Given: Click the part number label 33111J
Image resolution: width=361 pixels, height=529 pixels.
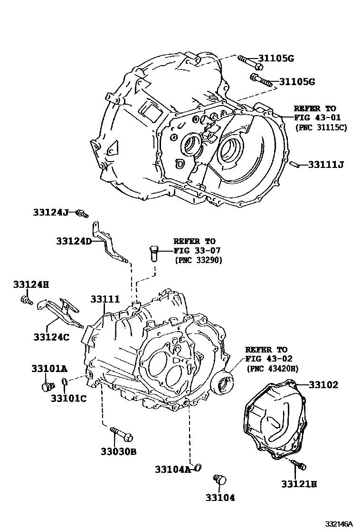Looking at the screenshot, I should [325, 165].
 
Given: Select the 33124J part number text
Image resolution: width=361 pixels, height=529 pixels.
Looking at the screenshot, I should [51, 212].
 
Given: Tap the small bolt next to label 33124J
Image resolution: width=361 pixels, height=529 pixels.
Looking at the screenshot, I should [83, 214].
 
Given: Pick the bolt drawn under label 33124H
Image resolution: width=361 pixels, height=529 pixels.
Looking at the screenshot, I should [26, 300].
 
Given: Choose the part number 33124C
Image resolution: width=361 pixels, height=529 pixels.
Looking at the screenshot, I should [51, 337].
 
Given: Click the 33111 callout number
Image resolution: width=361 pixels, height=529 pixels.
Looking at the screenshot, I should [105, 299].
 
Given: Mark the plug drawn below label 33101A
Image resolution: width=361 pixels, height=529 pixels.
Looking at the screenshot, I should [46, 386].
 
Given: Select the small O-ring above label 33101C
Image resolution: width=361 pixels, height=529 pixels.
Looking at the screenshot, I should [66, 382].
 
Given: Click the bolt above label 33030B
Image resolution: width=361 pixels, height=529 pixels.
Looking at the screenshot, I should [122, 434].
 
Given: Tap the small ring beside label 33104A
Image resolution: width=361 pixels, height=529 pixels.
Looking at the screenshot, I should [198, 466].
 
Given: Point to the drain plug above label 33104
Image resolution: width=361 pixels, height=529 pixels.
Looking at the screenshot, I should [219, 479].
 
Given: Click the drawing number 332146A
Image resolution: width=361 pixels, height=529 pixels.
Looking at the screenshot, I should [339, 523].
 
